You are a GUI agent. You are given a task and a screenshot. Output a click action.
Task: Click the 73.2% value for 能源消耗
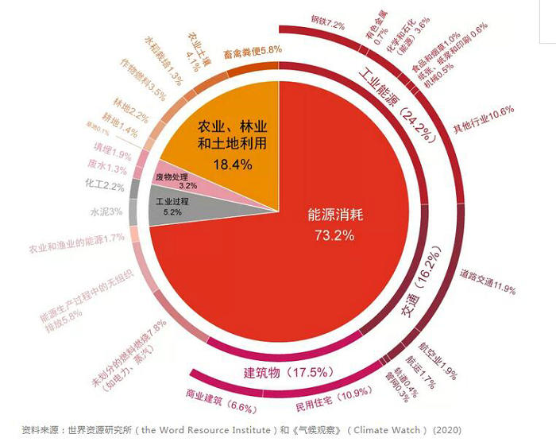tap(332, 235)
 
